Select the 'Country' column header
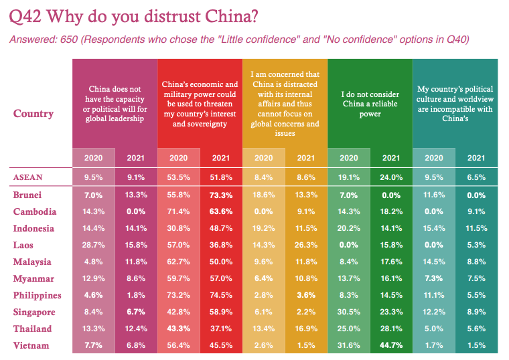[x=33, y=113]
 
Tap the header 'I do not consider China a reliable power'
[x=370, y=104]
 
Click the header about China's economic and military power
[x=200, y=104]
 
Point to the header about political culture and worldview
[x=455, y=104]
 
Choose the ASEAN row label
[x=28, y=177]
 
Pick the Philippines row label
[x=37, y=295]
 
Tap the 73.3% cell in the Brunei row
[x=221, y=195]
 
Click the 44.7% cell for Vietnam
[x=391, y=345]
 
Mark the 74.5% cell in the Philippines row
[x=221, y=295]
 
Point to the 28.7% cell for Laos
[x=93, y=245]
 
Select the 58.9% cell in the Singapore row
[x=221, y=312]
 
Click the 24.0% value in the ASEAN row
[x=391, y=177]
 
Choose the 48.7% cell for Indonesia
[x=221, y=228]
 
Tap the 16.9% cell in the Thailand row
[x=306, y=329]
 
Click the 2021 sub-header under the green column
[x=391, y=158]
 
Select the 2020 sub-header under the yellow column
[x=263, y=158]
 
